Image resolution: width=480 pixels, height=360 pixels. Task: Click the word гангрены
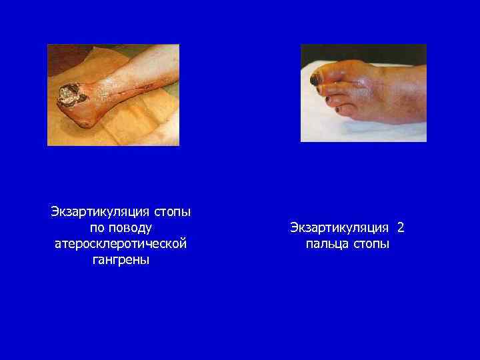tap(121, 260)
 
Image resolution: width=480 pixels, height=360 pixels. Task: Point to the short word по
tap(96, 228)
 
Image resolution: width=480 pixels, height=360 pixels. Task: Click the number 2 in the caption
tap(401, 228)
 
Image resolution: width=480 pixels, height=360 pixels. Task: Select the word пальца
tap(326, 244)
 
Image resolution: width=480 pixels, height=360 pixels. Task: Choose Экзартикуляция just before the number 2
tap(341, 228)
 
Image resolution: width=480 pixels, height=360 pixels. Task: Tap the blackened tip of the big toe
tap(314, 80)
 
